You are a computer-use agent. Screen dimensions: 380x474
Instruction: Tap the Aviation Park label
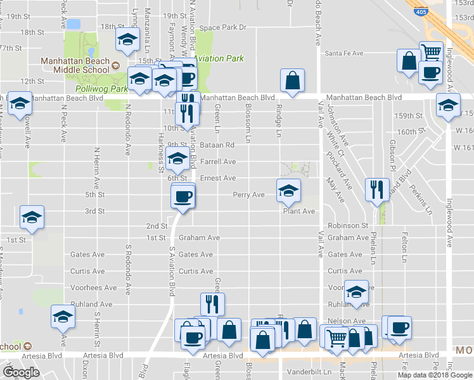pos(219,59)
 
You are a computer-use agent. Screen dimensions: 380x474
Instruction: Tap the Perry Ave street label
pos(248,195)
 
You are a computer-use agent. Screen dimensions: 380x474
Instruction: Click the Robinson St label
pos(348,225)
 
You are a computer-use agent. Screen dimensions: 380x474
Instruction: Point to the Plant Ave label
pos(299,212)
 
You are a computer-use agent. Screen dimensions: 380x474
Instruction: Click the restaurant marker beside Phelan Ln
pos(377,189)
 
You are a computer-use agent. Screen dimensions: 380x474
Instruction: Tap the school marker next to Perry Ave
pos(288,190)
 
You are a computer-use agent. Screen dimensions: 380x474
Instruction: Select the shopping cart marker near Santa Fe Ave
pos(431,51)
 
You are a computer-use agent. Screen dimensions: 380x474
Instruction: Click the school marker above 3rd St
pos(31,217)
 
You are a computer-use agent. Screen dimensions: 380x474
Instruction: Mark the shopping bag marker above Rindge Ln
pos(292,80)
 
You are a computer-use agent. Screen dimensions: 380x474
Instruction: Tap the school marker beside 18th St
pos(127,40)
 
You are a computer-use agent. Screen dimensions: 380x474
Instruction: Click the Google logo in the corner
pos(22,372)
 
